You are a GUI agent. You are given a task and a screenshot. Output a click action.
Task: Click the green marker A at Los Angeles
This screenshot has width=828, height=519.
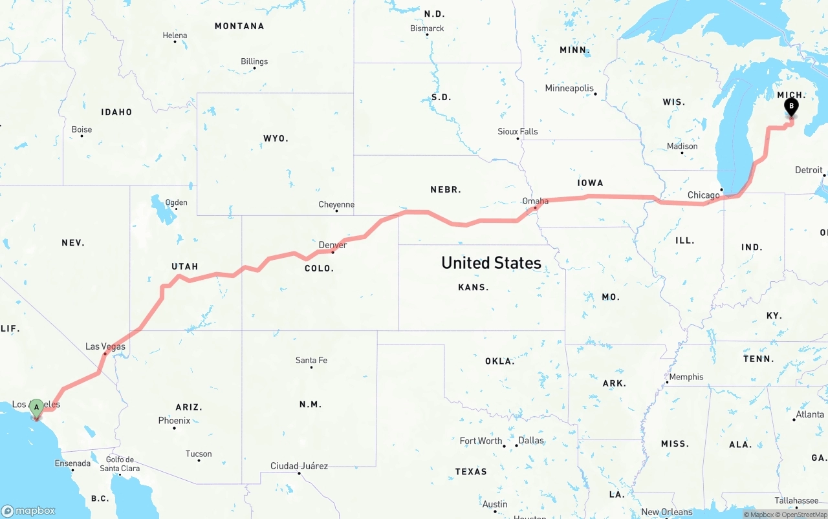[37, 407]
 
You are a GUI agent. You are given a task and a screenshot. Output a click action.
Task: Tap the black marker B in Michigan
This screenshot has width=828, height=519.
[790, 107]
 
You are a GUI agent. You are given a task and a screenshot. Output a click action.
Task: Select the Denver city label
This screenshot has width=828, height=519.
[332, 245]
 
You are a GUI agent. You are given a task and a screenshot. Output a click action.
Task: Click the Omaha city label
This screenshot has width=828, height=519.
[535, 201]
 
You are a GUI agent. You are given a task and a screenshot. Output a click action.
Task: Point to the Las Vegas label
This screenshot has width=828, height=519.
[105, 347]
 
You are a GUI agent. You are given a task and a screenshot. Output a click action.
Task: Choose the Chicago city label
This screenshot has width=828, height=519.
[703, 195]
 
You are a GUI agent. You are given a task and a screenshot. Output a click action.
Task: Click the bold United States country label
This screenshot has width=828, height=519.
[491, 262]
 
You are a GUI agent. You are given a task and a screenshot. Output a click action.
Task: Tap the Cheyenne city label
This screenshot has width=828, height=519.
[336, 205]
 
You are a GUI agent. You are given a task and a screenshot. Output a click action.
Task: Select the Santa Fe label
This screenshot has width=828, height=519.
[311, 360]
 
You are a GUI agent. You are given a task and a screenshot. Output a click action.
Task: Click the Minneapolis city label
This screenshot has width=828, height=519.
[569, 88]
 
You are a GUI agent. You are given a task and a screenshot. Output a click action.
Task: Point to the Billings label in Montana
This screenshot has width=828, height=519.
[254, 61]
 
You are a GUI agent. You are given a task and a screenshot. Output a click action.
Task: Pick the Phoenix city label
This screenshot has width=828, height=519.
[174, 420]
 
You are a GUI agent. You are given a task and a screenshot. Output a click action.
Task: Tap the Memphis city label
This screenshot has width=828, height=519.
[686, 377]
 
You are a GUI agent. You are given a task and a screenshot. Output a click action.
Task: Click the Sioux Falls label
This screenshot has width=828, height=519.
[517, 131]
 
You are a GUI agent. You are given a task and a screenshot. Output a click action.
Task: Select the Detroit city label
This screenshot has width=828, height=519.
[809, 170]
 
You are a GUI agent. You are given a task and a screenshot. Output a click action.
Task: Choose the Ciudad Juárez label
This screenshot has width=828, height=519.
[299, 466]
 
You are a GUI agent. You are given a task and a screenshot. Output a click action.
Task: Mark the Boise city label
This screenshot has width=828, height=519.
[82, 129]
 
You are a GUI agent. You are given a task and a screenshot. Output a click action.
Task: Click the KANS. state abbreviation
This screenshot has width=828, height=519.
[473, 287]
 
